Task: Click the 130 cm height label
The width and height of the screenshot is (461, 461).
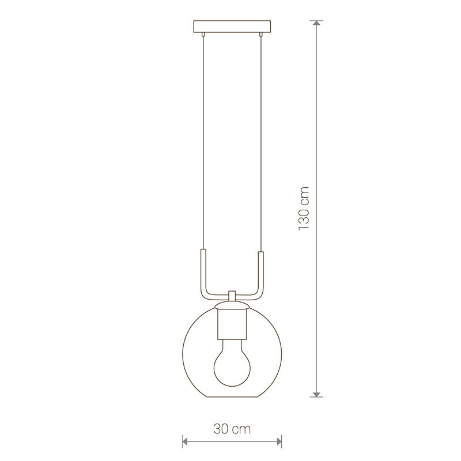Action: pyautogui.click(x=304, y=209)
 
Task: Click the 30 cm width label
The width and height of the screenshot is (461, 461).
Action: pyautogui.click(x=232, y=429)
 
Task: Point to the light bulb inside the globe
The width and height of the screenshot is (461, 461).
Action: pyautogui.click(x=232, y=363)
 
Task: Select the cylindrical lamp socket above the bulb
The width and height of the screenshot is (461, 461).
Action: pyautogui.click(x=232, y=324)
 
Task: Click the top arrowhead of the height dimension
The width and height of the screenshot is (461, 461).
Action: pyautogui.click(x=316, y=24)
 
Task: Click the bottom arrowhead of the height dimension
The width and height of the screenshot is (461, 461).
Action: pyautogui.click(x=316, y=394)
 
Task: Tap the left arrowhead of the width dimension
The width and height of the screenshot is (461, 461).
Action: pyautogui.click(x=185, y=441)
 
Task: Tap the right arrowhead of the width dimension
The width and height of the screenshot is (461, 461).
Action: pyautogui.click(x=279, y=441)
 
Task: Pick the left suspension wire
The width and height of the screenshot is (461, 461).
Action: pyautogui.click(x=203, y=142)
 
